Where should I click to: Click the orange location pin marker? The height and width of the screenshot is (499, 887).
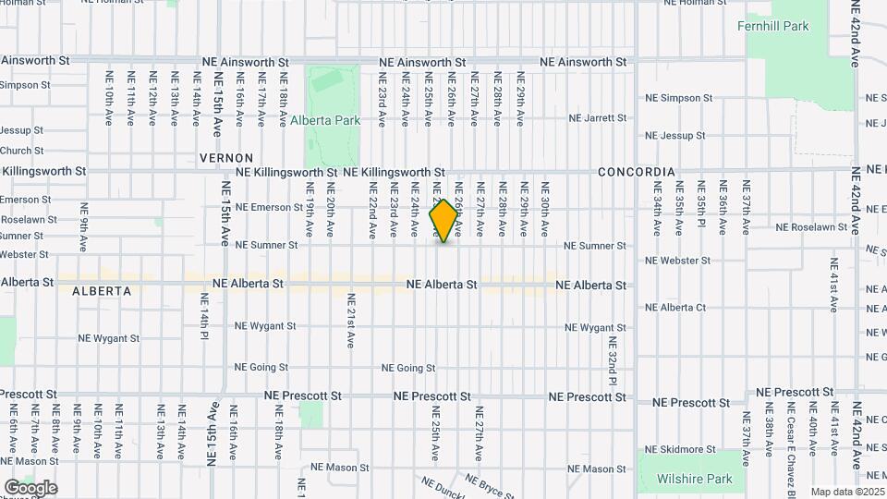pos(444,221)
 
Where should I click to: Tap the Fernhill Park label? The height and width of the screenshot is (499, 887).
pos(772,27)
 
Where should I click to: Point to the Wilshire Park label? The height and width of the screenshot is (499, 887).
pos(694,479)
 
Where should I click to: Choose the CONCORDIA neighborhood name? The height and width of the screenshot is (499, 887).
pos(636,173)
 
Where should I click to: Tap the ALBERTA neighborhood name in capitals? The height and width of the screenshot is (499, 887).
pos(102,291)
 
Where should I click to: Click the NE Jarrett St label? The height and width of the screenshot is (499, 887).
pos(597,118)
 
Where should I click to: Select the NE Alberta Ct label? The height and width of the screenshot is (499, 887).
pos(675,308)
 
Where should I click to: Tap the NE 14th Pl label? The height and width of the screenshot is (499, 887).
pos(203,315)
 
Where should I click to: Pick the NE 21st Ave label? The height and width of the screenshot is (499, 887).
pos(351,321)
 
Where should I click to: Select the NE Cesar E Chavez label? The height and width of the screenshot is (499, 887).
pos(791,431)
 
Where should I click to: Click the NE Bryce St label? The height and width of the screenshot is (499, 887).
pos(486,486)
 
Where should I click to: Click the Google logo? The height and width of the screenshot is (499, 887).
pos(30,488)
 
